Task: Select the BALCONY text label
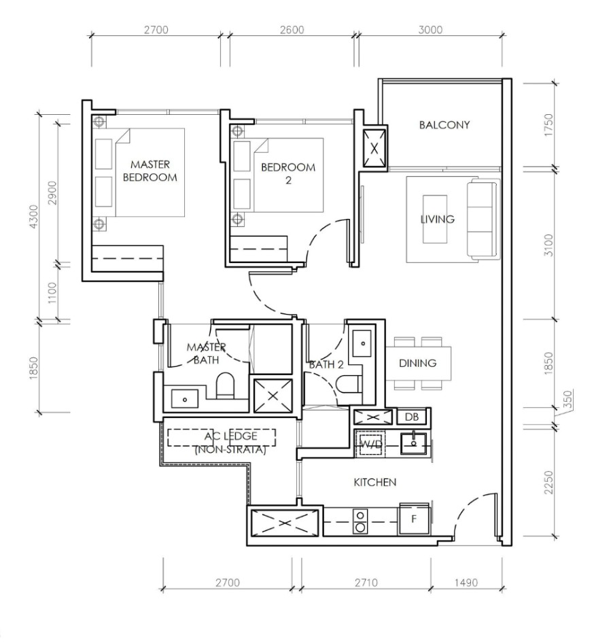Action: coord(444,125)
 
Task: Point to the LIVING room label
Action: coord(437,219)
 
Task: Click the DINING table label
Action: coord(417,363)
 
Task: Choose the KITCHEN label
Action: coord(374,482)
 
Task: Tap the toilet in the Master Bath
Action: coord(225,386)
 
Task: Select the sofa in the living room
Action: coord(483,219)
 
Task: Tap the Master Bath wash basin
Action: coord(185,398)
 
